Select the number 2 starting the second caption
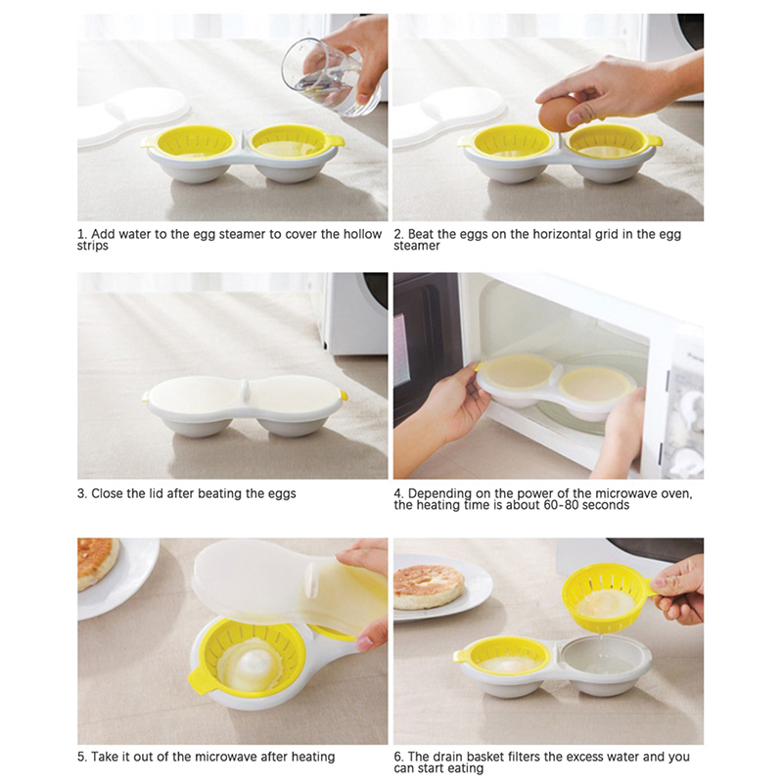point(397,234)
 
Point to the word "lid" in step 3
point(154,493)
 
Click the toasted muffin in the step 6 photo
point(429,587)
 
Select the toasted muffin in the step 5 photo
point(97,562)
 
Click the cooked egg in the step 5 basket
point(249,665)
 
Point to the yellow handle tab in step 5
point(203,680)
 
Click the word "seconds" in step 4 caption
point(605,505)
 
